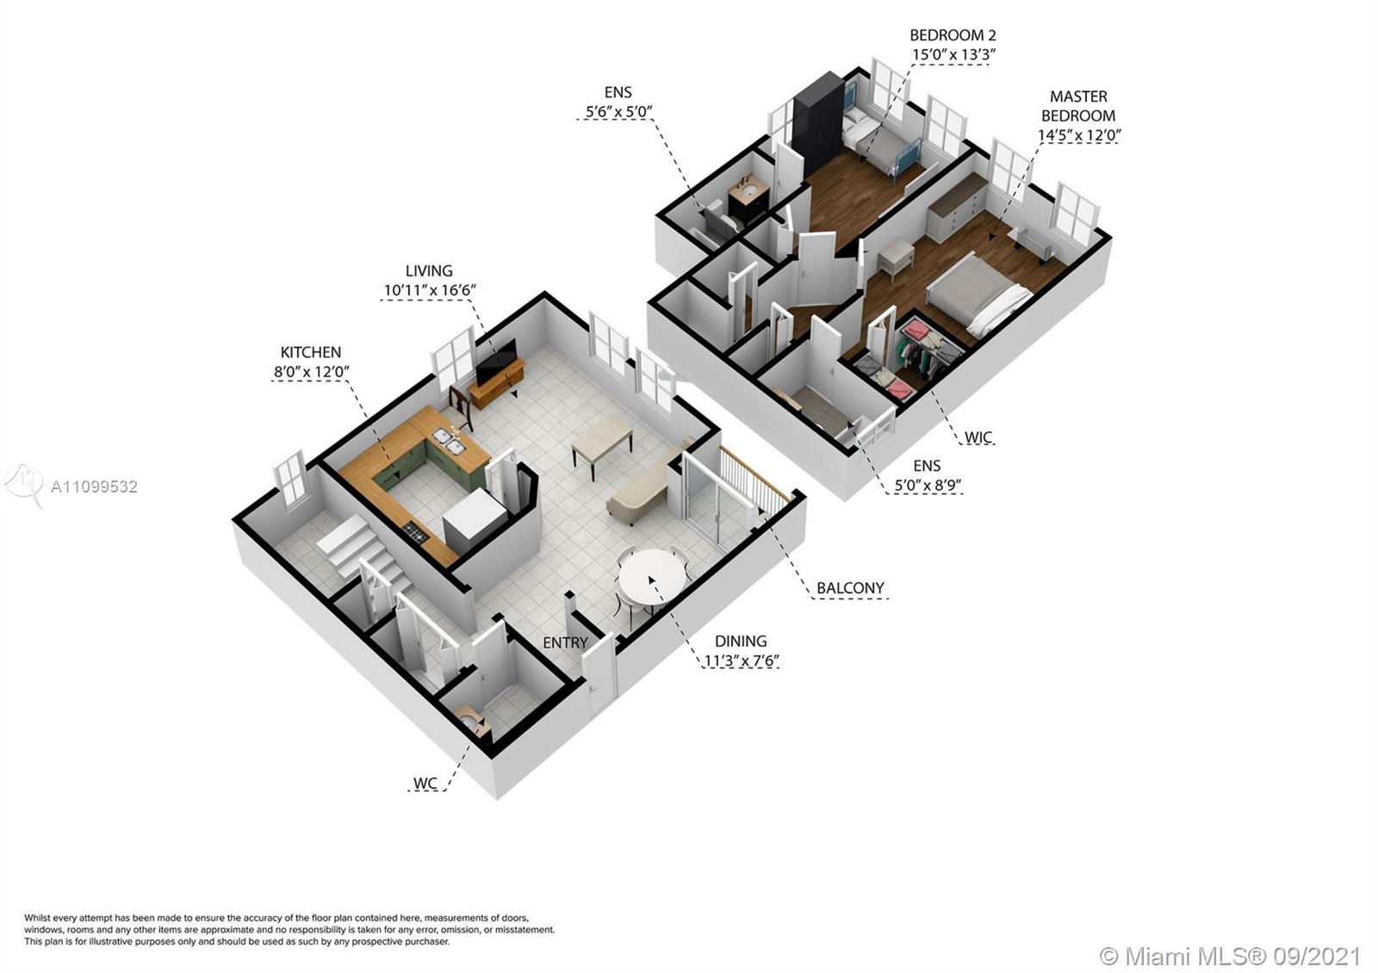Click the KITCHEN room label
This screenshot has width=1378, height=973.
(310, 352)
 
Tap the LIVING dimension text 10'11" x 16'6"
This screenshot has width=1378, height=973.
(430, 290)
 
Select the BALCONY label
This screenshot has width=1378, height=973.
(850, 588)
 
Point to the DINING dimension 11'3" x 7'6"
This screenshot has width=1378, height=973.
(742, 661)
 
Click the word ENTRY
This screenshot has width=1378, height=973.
(565, 642)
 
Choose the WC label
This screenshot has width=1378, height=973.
(425, 784)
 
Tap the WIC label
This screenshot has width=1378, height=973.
(978, 437)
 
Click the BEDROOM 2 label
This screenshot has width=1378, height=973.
(953, 35)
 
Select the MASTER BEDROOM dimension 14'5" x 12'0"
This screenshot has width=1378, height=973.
(1080, 135)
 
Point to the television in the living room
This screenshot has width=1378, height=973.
(496, 362)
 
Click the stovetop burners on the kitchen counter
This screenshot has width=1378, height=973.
(416, 533)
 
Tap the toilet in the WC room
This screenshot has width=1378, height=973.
(474, 723)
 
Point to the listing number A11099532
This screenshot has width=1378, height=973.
(94, 487)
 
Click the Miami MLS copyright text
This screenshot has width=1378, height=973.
(1230, 956)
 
